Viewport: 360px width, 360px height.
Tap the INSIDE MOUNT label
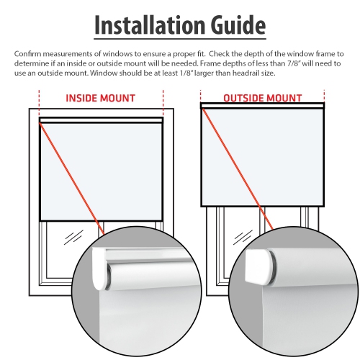pos(102,98)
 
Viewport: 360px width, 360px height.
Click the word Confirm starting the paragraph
pos(29,54)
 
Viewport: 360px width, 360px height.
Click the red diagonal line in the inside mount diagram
pos(72,176)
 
